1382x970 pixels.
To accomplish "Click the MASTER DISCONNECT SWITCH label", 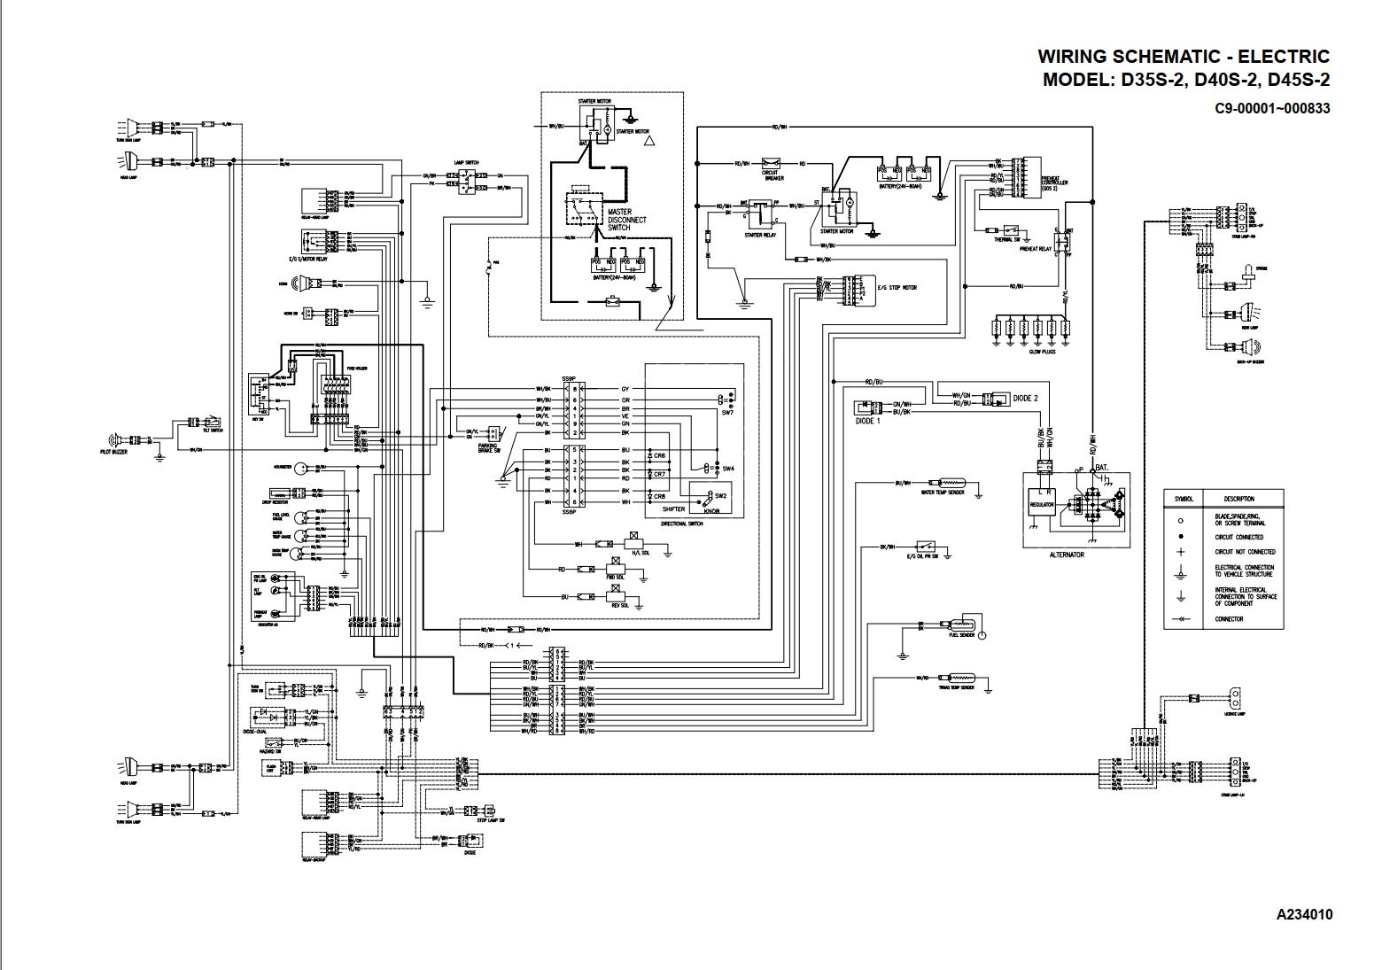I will (626, 220).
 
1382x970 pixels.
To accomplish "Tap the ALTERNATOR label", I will (1066, 555).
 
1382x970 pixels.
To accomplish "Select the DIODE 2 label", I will (1025, 399).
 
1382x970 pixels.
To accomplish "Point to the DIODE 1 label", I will (868, 421).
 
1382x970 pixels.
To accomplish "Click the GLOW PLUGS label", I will (1041, 352).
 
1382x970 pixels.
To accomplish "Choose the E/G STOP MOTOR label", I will (897, 288).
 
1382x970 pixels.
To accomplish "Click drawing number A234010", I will (1304, 914).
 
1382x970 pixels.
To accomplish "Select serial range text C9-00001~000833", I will (1272, 108).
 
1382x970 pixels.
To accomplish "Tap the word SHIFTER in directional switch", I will (673, 509).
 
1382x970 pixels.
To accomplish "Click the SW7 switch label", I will (727, 413).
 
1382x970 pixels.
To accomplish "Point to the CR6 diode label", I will (660, 455).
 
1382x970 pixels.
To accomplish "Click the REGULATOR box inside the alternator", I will (1042, 505).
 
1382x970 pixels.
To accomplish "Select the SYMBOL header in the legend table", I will (1184, 499).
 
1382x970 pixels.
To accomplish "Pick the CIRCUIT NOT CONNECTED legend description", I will (1245, 552).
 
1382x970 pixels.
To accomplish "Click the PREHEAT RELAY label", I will (1035, 249).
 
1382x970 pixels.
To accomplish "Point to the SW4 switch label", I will (727, 468).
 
